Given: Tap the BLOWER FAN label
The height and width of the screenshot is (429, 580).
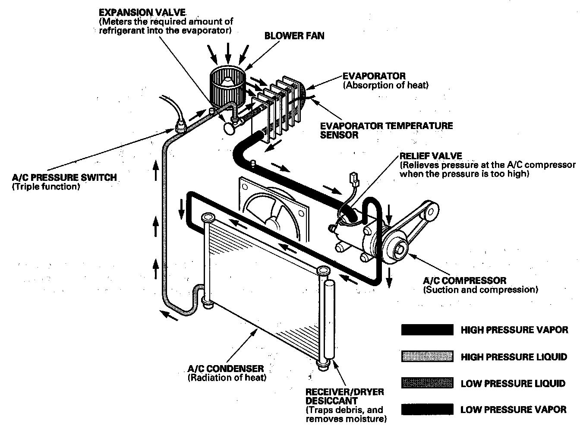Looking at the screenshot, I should [294, 36].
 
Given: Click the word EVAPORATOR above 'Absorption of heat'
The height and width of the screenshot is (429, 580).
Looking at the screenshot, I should [374, 76].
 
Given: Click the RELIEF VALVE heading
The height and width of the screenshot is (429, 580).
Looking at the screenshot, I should [431, 156].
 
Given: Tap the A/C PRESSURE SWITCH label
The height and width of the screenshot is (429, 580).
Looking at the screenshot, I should [64, 177].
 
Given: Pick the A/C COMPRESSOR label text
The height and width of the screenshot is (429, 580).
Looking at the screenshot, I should [464, 281].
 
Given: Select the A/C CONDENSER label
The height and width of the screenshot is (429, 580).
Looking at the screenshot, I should [226, 369].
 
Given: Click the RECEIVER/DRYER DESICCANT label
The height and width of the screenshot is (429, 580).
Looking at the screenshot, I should [344, 396].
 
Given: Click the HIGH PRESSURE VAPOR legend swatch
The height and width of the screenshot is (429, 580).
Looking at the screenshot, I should [427, 330].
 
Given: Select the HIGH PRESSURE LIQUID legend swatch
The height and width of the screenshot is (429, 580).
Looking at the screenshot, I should [427, 356].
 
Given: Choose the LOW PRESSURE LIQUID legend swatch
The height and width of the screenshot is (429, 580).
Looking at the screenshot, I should [427, 383].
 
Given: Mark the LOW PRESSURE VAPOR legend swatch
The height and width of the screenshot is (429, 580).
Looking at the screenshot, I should [427, 409].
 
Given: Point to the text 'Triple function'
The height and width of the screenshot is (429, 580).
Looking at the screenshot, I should [46, 187].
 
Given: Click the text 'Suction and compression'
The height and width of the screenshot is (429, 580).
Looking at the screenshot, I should [481, 290].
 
